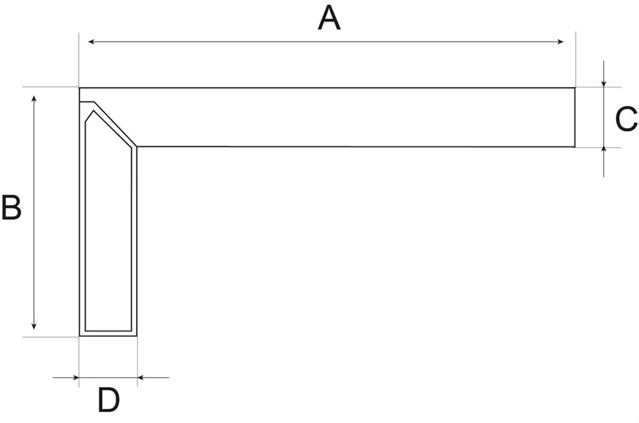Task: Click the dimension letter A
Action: pos(329,19)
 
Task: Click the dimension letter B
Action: pos(12,208)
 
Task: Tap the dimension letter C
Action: pos(626,119)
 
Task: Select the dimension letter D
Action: pos(109,400)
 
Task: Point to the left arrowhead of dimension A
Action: pos(91,42)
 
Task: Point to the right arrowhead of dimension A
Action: pos(560,42)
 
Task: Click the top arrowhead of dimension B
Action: pos(35,99)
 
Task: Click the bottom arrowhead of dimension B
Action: pos(35,326)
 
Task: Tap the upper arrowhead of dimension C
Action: pos(604,84)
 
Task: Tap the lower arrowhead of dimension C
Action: pos(604,151)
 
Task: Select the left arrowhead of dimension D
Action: pos(75,378)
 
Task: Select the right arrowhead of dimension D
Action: pos(141,378)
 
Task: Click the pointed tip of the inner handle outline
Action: pos(93,111)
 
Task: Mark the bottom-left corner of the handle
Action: pos(79,336)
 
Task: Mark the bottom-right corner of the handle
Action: pos(137,336)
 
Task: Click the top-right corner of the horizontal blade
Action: pos(575,88)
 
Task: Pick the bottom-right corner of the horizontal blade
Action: pos(575,147)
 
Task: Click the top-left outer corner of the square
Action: pos(79,88)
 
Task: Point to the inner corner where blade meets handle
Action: pos(137,146)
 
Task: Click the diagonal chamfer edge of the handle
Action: pos(115,124)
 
